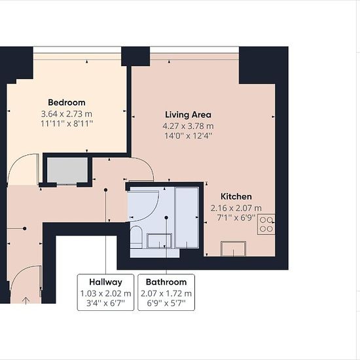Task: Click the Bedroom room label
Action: coord(67,102)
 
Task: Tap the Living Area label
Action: coord(188,115)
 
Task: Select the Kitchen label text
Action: coord(236,196)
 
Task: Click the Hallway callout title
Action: coord(105,282)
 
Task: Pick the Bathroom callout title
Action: coord(166,282)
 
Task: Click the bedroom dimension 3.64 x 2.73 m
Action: coord(67,114)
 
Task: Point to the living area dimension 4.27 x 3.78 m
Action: coord(188,126)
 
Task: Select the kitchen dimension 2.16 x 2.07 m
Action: coord(236,208)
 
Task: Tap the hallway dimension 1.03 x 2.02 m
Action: coord(105,293)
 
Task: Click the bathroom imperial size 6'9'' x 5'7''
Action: coord(166,303)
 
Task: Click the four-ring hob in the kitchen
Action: coord(266,225)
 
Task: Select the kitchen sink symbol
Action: coord(233,249)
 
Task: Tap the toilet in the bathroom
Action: coord(136,236)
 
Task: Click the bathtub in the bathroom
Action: coord(187,218)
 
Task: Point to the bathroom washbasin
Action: coord(159,241)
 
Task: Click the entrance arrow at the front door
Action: coord(26,300)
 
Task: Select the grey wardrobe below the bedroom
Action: coord(67,170)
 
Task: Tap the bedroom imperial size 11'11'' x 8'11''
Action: coord(67,124)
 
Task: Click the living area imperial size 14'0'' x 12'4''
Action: coord(188,135)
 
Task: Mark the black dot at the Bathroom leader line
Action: coord(166,218)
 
